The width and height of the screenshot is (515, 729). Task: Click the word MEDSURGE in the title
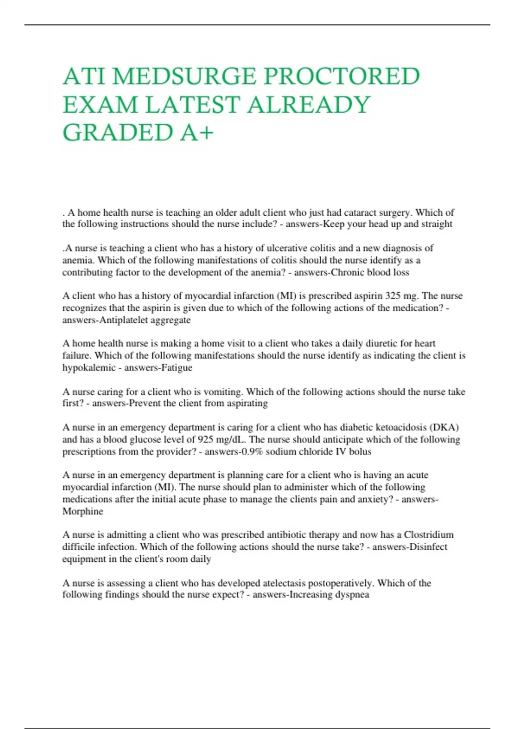(184, 76)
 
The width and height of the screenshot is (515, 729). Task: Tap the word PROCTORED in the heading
(341, 76)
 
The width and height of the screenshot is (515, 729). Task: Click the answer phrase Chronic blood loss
(370, 272)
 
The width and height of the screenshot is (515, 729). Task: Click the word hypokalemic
(89, 368)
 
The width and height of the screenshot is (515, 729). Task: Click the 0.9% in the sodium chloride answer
(252, 452)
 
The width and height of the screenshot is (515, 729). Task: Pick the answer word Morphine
(83, 511)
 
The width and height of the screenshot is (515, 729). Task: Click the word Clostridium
(429, 535)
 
